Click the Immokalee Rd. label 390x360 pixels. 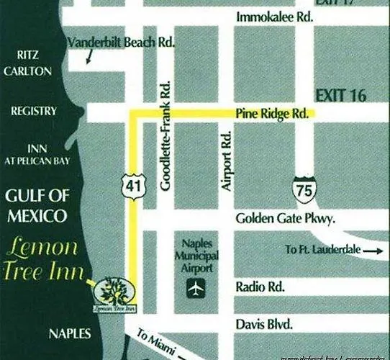[x=275, y=17]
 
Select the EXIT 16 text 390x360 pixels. [x=340, y=95]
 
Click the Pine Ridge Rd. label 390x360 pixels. [x=271, y=114]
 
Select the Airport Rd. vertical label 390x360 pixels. [x=226, y=160]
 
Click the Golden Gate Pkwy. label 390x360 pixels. [x=285, y=219]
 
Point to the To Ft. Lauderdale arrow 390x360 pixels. [x=373, y=250]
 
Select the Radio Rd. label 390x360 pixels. [x=260, y=287]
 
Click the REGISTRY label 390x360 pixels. [x=33, y=112]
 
